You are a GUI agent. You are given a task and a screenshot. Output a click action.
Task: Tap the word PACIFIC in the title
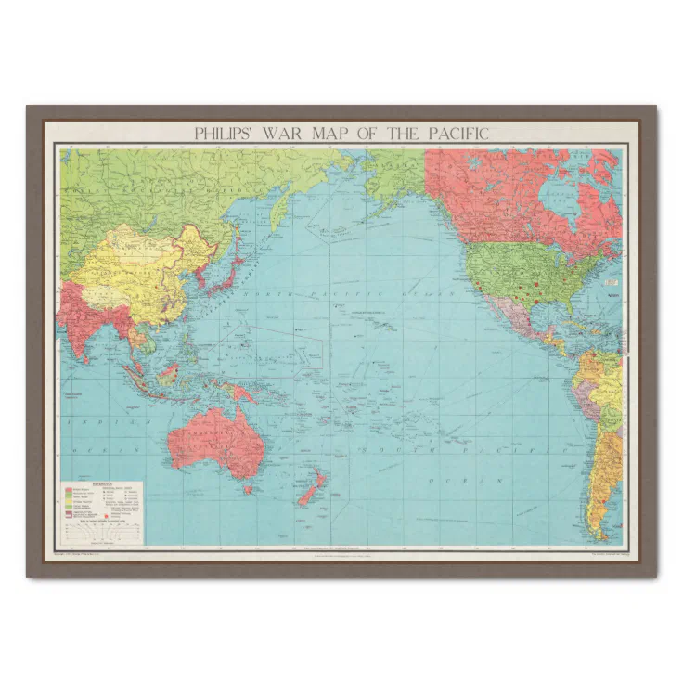pyautogui.click(x=457, y=134)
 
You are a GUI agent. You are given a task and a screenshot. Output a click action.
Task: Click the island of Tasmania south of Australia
pyautogui.click(x=247, y=489)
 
